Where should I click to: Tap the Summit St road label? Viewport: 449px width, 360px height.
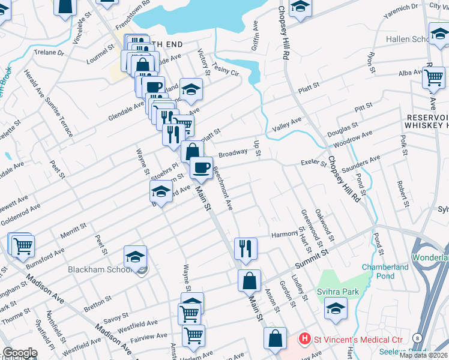tap(312, 262)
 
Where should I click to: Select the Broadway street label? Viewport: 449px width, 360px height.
tap(233, 154)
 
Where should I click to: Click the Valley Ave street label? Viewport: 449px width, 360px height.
tap(287, 124)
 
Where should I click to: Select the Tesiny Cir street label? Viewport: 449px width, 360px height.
tap(226, 68)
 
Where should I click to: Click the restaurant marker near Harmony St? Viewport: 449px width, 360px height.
tap(246, 248)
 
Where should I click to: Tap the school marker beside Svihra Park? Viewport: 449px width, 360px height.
tap(336, 308)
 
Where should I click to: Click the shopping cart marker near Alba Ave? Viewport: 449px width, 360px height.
tap(433, 77)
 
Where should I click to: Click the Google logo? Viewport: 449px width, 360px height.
tap(20, 353)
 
